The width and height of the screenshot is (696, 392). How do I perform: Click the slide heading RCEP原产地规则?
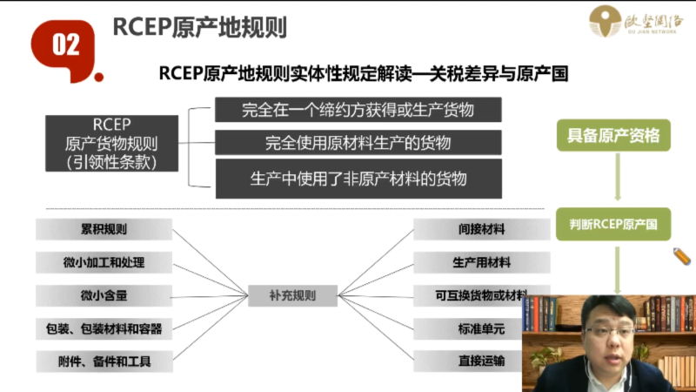(x=199, y=27)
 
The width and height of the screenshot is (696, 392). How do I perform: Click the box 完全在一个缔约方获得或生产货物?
(x=358, y=110)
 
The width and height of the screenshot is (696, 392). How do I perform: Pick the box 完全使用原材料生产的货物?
(x=358, y=142)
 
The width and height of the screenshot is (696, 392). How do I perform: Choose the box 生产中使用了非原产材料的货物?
(x=358, y=179)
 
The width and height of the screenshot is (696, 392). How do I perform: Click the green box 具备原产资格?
(x=613, y=136)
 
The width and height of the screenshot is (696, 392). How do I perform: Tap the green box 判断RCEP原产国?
(x=613, y=225)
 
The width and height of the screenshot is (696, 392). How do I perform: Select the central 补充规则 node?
(x=292, y=295)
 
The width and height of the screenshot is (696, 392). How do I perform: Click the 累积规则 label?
(x=104, y=229)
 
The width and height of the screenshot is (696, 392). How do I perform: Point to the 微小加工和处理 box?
(x=104, y=262)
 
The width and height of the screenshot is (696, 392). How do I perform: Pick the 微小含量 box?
(x=104, y=295)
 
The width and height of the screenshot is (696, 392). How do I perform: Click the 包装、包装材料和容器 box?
(x=104, y=328)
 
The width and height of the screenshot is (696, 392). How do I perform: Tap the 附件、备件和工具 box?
(x=104, y=361)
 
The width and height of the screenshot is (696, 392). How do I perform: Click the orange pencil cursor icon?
(x=681, y=256)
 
